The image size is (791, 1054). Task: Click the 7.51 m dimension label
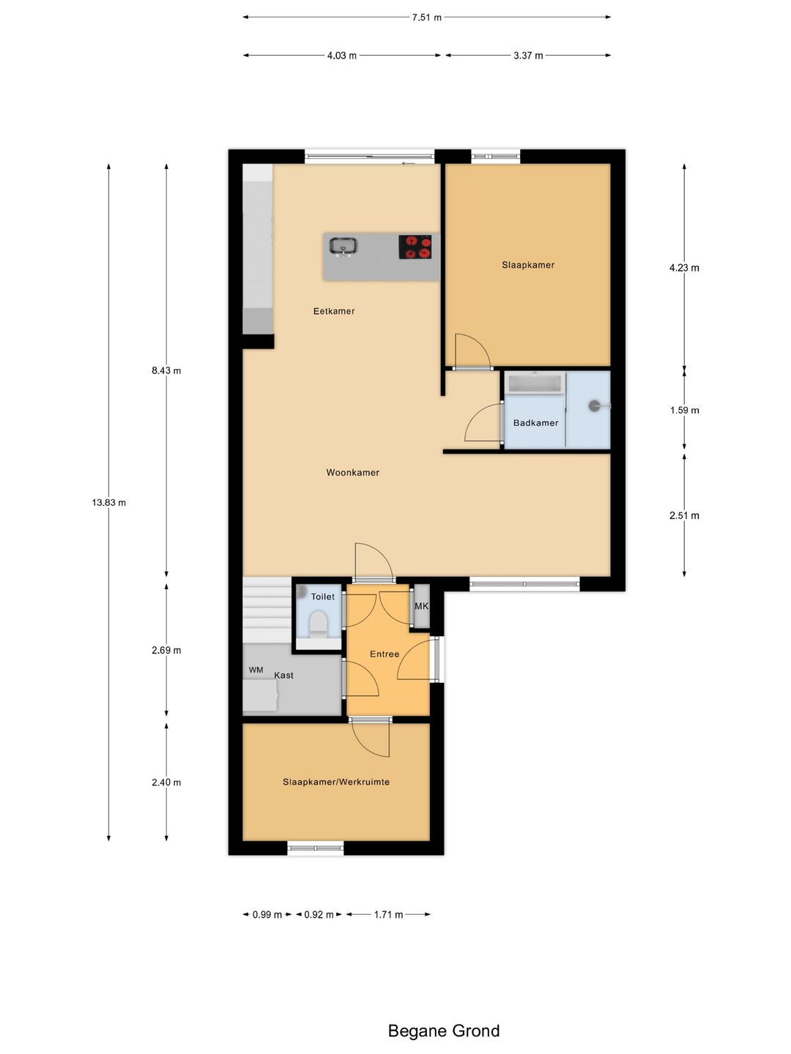tap(426, 18)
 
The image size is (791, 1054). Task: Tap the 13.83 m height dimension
tap(109, 503)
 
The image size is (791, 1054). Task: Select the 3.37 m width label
tap(528, 56)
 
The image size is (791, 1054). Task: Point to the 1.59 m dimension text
tap(684, 410)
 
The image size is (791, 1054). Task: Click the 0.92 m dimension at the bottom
tap(319, 914)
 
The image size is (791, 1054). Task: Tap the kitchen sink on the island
tap(343, 247)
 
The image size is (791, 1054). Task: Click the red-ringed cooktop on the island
tap(415, 247)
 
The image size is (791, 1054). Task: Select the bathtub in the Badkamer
tap(535, 384)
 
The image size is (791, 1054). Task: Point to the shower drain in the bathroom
tap(595, 405)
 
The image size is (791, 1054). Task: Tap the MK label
tap(421, 606)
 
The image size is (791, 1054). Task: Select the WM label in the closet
tap(256, 670)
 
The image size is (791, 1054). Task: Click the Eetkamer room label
tap(334, 311)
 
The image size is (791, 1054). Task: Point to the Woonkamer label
tap(353, 473)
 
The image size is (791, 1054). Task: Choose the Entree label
tap(385, 654)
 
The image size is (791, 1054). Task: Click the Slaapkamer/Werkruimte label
tap(336, 782)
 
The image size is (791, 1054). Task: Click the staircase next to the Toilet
tap(267, 610)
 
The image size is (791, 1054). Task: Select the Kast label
tap(284, 675)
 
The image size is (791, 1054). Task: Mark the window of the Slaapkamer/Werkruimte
tap(316, 848)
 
